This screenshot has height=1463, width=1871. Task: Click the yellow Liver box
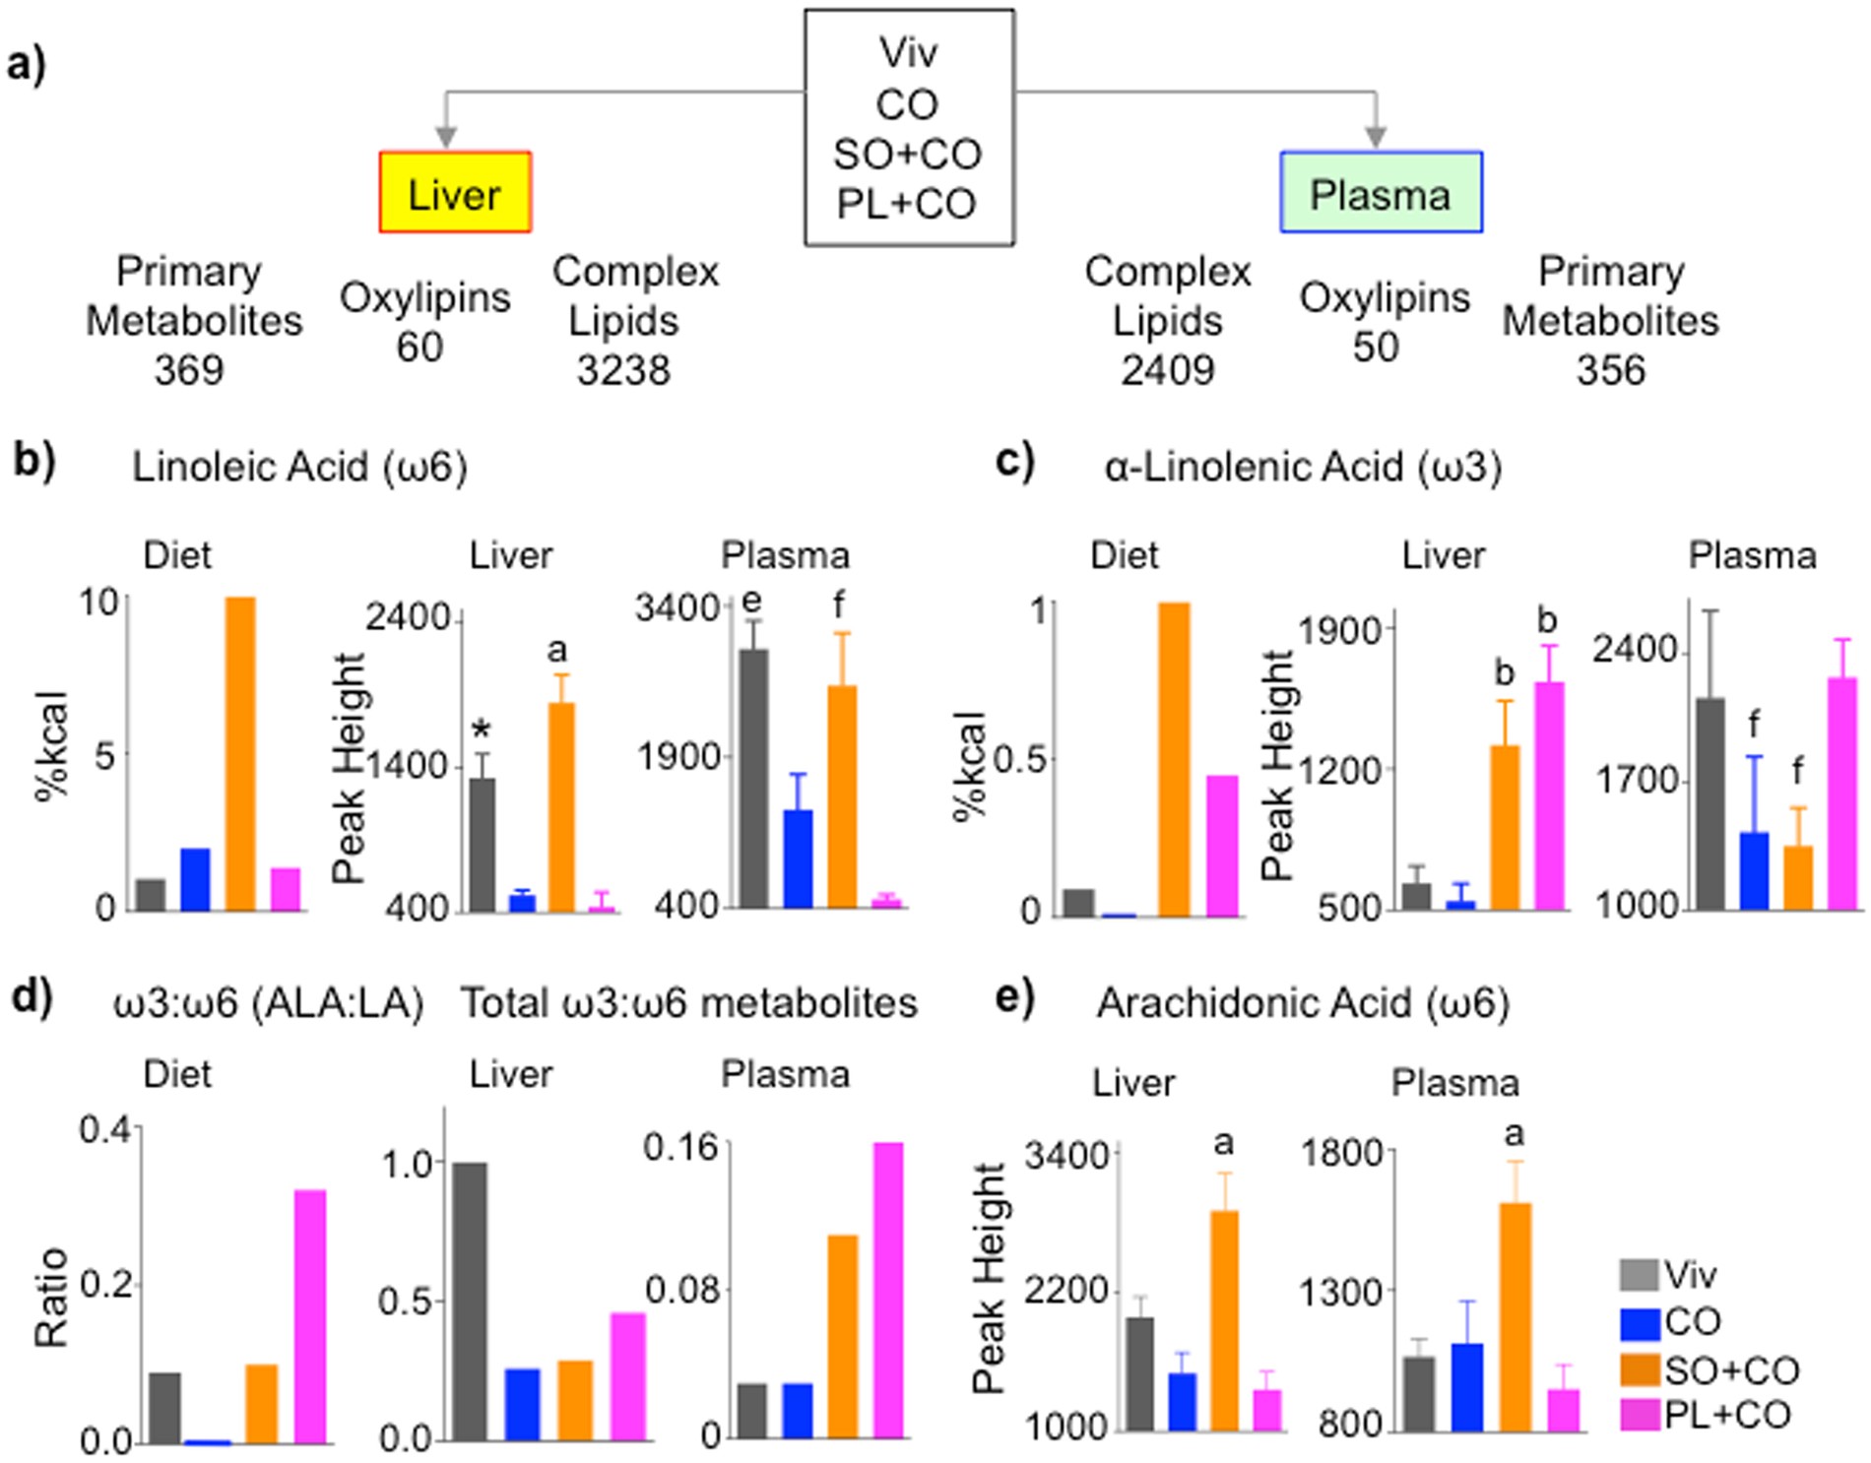click(x=455, y=193)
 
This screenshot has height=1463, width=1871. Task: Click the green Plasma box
click(x=1381, y=193)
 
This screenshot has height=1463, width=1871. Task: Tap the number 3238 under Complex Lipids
click(x=623, y=370)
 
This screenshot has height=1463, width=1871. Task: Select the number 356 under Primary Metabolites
click(x=1610, y=370)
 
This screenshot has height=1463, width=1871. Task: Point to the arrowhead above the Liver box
click(x=446, y=137)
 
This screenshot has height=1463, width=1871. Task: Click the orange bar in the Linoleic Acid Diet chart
click(x=240, y=753)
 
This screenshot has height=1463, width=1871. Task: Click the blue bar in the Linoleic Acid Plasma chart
click(x=798, y=859)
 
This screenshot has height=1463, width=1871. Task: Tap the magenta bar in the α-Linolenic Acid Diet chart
click(x=1222, y=847)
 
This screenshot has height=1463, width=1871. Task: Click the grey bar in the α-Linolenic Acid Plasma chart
click(x=1710, y=803)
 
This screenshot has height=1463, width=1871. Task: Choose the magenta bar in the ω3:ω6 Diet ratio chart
click(x=310, y=1317)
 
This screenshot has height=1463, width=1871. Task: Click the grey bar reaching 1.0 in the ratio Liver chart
click(x=470, y=1302)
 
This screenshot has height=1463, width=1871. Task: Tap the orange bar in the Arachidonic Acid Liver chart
click(x=1224, y=1320)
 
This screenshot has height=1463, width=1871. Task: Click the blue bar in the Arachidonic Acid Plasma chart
click(x=1467, y=1386)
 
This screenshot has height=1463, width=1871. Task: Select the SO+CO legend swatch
click(x=1640, y=1369)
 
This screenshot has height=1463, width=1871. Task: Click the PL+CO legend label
click(x=1727, y=1415)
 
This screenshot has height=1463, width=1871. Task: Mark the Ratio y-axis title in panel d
click(x=51, y=1298)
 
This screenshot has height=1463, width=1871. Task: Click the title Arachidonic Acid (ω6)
click(x=1303, y=1003)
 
